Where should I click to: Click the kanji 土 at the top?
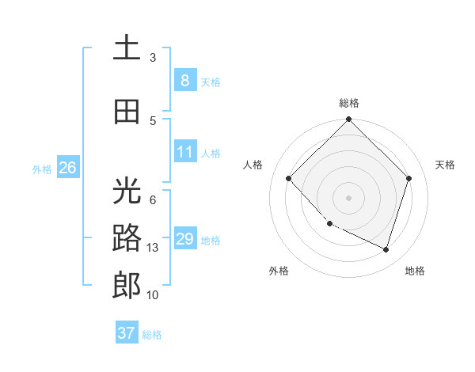point(127,49)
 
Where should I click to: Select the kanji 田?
point(127,112)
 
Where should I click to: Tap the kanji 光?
point(127,191)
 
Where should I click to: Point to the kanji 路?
point(127,238)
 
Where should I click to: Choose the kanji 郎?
point(127,286)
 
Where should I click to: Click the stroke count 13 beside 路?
point(154,248)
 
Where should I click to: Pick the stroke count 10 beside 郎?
point(154,295)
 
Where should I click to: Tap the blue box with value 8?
point(184,80)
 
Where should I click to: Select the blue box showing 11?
point(184,152)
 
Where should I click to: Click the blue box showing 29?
point(184,239)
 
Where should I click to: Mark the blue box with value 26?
point(68,167)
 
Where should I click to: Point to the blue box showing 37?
point(127,333)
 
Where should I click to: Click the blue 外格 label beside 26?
point(42,169)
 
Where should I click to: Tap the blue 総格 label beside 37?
point(152,335)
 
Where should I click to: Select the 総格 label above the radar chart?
point(348,103)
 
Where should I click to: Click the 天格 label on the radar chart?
point(446,165)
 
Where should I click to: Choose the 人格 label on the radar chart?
point(253,165)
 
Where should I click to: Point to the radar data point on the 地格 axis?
point(386,249)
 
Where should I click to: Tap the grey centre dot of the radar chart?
point(348,198)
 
